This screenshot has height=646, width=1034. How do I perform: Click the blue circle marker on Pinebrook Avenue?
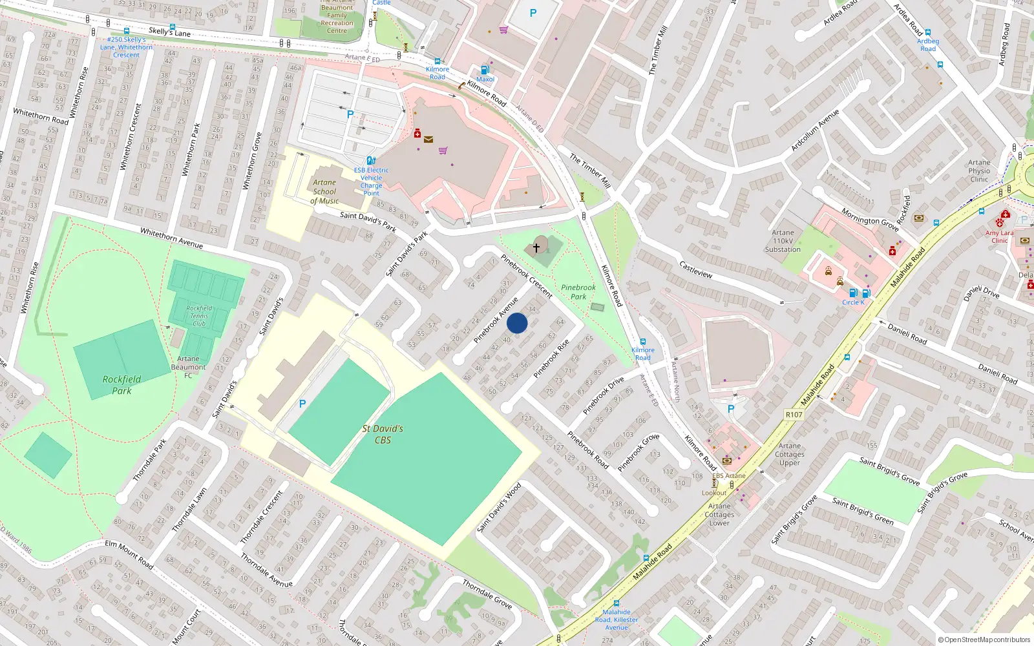click(517, 323)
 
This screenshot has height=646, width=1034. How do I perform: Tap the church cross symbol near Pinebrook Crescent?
click(536, 247)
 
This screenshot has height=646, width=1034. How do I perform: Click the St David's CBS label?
click(383, 434)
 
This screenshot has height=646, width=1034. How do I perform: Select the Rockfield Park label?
click(121, 385)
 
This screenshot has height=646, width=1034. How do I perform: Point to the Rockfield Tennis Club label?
click(199, 316)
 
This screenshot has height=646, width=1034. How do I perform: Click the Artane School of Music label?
click(324, 192)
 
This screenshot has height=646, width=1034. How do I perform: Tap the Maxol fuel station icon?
click(485, 70)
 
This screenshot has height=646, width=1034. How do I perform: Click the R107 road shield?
click(794, 415)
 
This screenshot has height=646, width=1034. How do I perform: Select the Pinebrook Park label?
click(578, 292)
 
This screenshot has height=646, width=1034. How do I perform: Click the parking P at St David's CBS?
click(302, 404)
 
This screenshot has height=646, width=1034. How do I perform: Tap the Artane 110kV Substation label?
click(783, 241)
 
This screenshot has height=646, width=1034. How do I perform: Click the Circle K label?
click(853, 302)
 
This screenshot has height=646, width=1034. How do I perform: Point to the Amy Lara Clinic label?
click(1000, 236)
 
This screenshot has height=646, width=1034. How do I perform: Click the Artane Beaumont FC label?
click(188, 367)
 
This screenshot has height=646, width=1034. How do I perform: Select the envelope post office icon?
click(428, 139)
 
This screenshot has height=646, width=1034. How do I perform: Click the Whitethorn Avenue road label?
click(171, 238)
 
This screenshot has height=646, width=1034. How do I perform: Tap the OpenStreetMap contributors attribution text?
click(984, 640)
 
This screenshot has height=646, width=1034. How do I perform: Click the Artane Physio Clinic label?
click(979, 171)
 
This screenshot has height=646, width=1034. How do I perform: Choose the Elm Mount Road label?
click(129, 554)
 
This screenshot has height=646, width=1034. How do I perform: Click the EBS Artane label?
click(729, 475)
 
